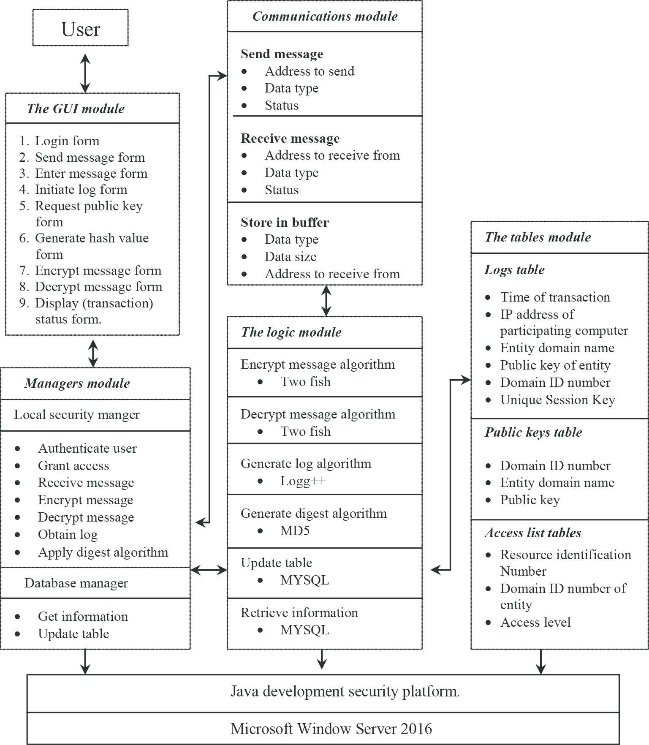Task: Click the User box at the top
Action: [80, 28]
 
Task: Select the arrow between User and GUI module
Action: [85, 73]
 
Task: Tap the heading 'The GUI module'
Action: [76, 109]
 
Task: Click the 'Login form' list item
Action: [67, 141]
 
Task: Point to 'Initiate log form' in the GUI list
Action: [81, 190]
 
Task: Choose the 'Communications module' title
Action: [325, 16]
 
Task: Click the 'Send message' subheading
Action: [282, 54]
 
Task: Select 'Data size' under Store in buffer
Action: [291, 256]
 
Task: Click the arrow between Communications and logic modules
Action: [326, 301]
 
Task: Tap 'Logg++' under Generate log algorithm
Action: [303, 481]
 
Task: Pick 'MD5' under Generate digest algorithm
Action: [295, 530]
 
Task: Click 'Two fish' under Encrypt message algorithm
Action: [306, 382]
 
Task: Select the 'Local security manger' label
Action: [77, 415]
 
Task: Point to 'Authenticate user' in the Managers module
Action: [87, 448]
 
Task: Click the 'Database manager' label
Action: [76, 583]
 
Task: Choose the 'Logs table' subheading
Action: [514, 269]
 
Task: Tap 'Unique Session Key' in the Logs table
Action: [557, 400]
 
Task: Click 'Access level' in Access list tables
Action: [535, 622]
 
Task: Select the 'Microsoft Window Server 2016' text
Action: [331, 729]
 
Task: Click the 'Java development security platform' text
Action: [345, 691]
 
